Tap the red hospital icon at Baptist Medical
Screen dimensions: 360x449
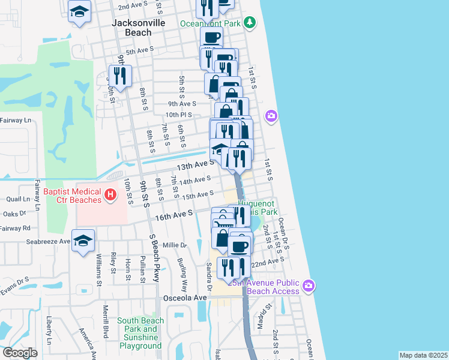click(110, 194)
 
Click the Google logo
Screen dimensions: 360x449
click(20, 353)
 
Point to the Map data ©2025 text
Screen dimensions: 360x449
click(423, 355)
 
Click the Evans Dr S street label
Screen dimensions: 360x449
click(14, 280)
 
